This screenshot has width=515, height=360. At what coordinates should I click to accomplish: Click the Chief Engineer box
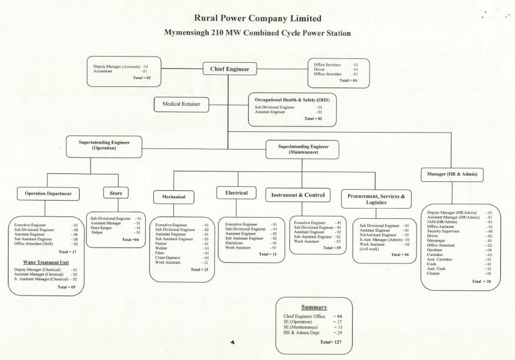click(x=230, y=69)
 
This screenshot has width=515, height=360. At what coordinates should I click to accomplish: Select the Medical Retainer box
click(x=181, y=105)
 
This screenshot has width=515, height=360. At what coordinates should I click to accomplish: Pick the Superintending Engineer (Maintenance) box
click(x=303, y=149)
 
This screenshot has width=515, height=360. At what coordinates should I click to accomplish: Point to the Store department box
click(x=116, y=193)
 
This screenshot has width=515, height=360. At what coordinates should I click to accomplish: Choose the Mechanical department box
click(x=173, y=197)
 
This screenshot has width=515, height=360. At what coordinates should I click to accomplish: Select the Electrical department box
click(x=237, y=193)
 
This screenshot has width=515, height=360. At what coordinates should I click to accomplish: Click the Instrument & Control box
click(x=298, y=195)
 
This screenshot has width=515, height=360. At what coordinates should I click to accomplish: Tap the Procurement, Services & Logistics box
click(x=376, y=198)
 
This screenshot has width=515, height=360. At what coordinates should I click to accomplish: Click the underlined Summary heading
click(x=314, y=307)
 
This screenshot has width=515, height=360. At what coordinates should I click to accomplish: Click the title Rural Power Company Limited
click(x=258, y=19)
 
